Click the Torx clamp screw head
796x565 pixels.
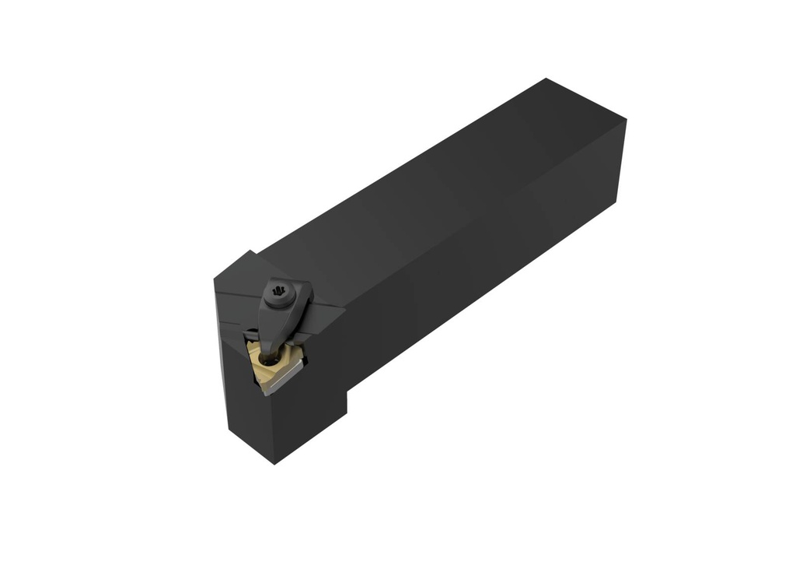point(279,293)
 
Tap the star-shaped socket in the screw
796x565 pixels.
point(279,293)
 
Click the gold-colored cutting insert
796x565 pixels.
point(273,363)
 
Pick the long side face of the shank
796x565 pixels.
point(497,257)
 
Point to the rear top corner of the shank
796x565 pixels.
point(546,79)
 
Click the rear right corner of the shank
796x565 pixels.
point(626,121)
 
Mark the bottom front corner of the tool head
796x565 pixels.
point(274,464)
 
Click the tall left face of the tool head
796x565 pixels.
point(233,374)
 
